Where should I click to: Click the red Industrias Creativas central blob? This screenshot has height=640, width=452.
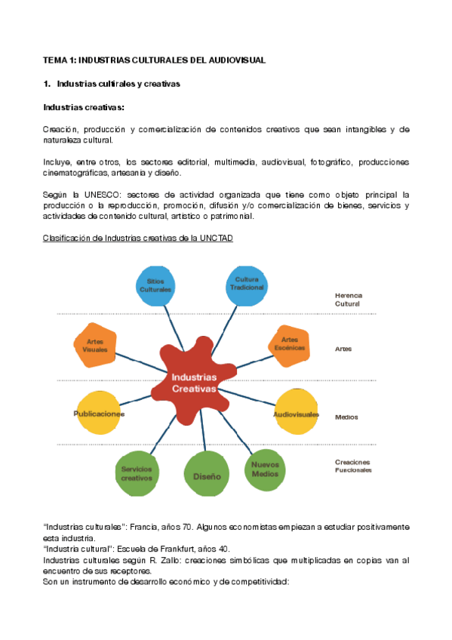[x=193, y=383]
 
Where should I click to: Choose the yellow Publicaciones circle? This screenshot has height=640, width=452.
[x=98, y=413]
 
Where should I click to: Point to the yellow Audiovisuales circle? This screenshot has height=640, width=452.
[x=296, y=414]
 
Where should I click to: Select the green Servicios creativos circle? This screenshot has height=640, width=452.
[x=137, y=472]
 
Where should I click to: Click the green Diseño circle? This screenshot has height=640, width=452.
[x=206, y=476]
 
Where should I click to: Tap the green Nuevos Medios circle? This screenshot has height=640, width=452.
[x=265, y=468]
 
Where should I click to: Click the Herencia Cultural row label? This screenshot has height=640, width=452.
[x=347, y=300]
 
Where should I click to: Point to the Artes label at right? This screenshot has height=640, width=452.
[x=343, y=349]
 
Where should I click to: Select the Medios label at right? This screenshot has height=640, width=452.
[x=346, y=417]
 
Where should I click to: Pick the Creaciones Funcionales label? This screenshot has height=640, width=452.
[x=353, y=466]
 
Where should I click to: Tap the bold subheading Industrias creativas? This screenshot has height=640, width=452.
[x=84, y=107]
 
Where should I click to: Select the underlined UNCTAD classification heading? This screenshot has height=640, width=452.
[x=138, y=238]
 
